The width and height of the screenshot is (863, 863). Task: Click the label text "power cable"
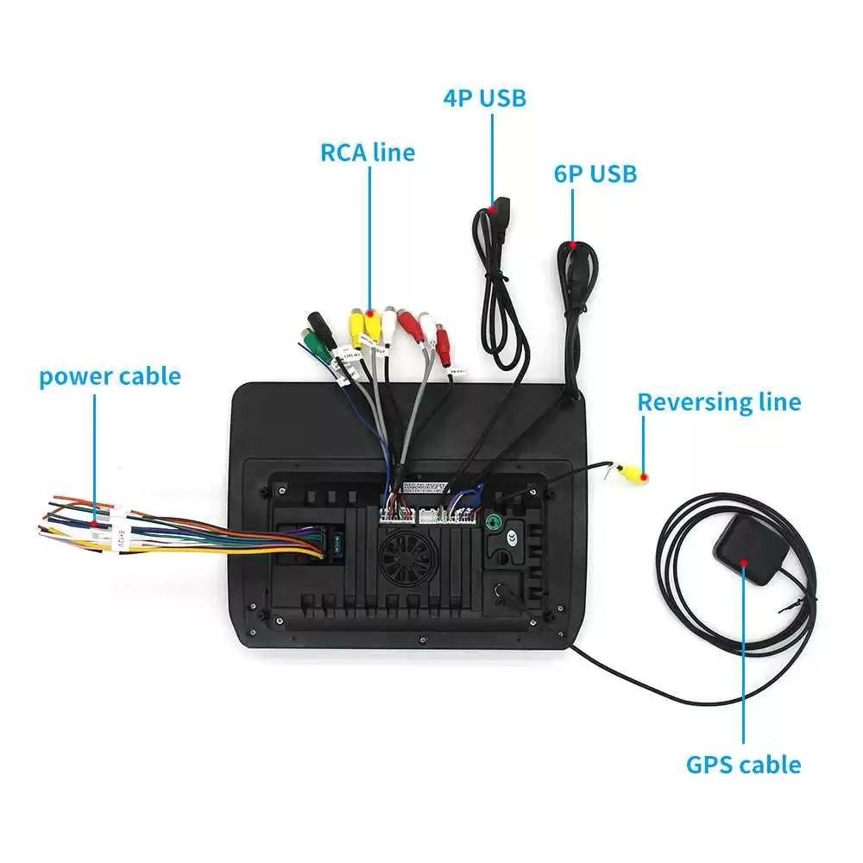pos(110,376)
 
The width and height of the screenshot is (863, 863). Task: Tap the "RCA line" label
pos(368,153)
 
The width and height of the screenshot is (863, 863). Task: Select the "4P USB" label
pos(484,98)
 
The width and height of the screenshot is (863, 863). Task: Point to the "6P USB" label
pos(595,173)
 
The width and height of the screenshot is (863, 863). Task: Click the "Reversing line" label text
pos(719,402)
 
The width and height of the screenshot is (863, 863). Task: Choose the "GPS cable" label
pos(743,765)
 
